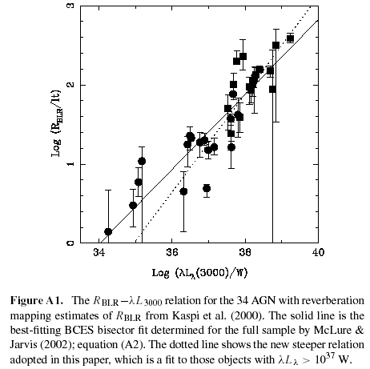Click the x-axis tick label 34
[x=99, y=252]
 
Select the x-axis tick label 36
[x=172, y=252]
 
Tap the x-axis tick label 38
[x=245, y=252]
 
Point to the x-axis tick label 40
[x=318, y=252]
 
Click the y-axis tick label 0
[x=70, y=243]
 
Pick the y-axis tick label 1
[x=70, y=164]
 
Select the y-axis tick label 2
[x=70, y=85]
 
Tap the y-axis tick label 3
[x=70, y=6]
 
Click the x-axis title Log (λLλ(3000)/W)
[x=199, y=273]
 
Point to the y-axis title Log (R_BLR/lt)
[x=56, y=123]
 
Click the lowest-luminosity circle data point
[x=108, y=232]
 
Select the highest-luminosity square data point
[x=290, y=38]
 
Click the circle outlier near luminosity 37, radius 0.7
[x=207, y=188]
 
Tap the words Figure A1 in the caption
[x=37, y=301]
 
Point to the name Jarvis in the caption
[x=23, y=345]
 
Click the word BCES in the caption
[x=78, y=331]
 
